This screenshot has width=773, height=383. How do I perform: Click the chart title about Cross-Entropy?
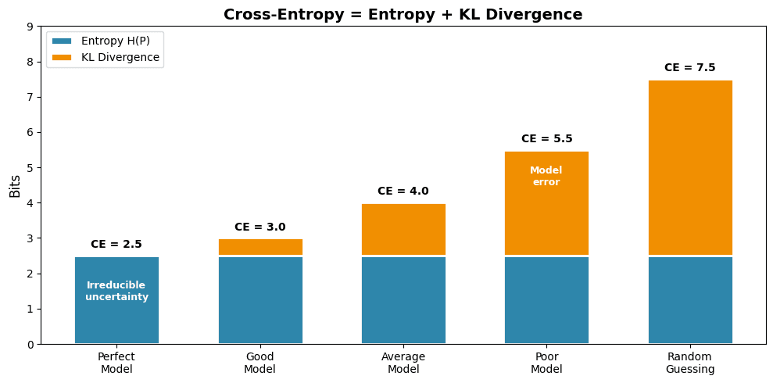403,14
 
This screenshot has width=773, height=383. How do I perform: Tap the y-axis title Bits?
15,185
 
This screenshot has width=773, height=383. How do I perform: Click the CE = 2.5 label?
116,245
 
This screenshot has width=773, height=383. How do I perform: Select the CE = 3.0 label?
259,227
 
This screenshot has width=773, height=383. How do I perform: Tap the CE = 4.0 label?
403,191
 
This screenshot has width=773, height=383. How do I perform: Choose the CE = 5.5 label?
546,139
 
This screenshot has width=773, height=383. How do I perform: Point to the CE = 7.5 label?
689,68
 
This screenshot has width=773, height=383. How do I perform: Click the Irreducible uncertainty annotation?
116,291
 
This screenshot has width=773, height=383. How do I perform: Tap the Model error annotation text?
546,176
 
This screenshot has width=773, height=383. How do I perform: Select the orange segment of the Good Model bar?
260,247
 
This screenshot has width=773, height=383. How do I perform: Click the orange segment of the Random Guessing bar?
690,167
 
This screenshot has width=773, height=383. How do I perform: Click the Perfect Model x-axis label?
116,363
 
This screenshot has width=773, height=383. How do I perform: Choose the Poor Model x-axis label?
546,363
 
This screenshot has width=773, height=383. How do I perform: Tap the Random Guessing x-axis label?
690,363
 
